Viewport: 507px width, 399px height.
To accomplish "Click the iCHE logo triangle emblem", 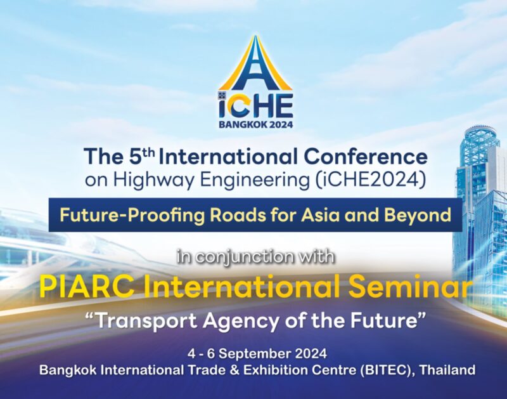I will pyautogui.click(x=255, y=63).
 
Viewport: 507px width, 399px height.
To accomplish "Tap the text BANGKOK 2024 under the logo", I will pyautogui.click(x=256, y=125).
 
